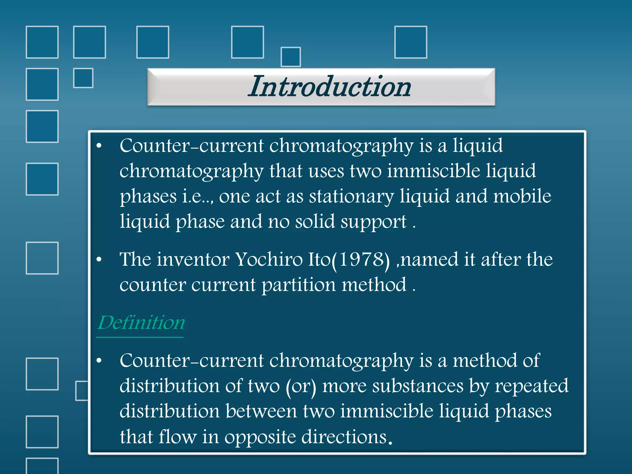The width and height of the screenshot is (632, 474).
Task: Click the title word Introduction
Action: tap(330, 87)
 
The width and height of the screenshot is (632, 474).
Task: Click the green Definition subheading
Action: tap(141, 323)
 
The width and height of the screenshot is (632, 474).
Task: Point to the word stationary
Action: tap(351, 196)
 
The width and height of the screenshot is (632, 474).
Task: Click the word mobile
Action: tap(522, 196)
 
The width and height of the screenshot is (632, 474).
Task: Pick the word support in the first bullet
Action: tap(373, 222)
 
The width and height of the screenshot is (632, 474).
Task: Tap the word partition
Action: tap(298, 285)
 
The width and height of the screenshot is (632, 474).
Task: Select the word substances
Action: tap(418, 386)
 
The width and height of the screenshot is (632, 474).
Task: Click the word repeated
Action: tap(531, 386)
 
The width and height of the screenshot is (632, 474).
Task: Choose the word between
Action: tap(261, 411)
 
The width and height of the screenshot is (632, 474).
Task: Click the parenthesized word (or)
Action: tap(301, 386)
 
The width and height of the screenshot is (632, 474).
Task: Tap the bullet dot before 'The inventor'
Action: tap(99, 260)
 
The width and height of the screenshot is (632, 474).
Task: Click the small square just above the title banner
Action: tap(290, 57)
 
